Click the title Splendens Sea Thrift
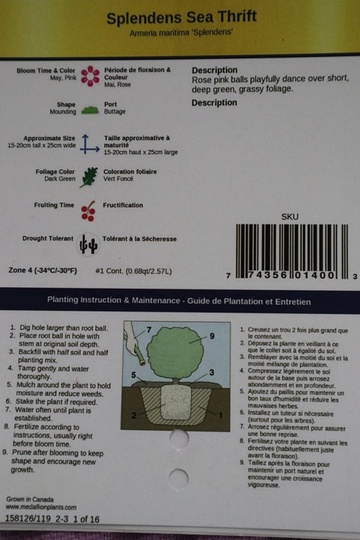tap(181, 17)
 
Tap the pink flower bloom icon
tap(90, 76)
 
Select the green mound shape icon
tap(90, 111)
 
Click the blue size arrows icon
tap(89, 144)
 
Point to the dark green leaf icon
tap(89, 177)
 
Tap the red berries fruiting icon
tap(88, 211)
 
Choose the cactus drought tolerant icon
tap(88, 245)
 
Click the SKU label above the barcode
tap(289, 217)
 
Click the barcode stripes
tap(292, 251)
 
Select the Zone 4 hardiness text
tap(42, 270)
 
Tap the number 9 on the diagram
tap(212, 336)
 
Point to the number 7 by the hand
tap(149, 330)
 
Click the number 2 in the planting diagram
tap(134, 415)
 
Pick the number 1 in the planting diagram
tap(220, 415)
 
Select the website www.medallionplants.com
tap(41, 508)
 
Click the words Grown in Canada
tap(30, 500)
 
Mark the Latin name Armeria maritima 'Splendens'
tap(181, 32)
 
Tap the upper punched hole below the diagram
tap(179, 438)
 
